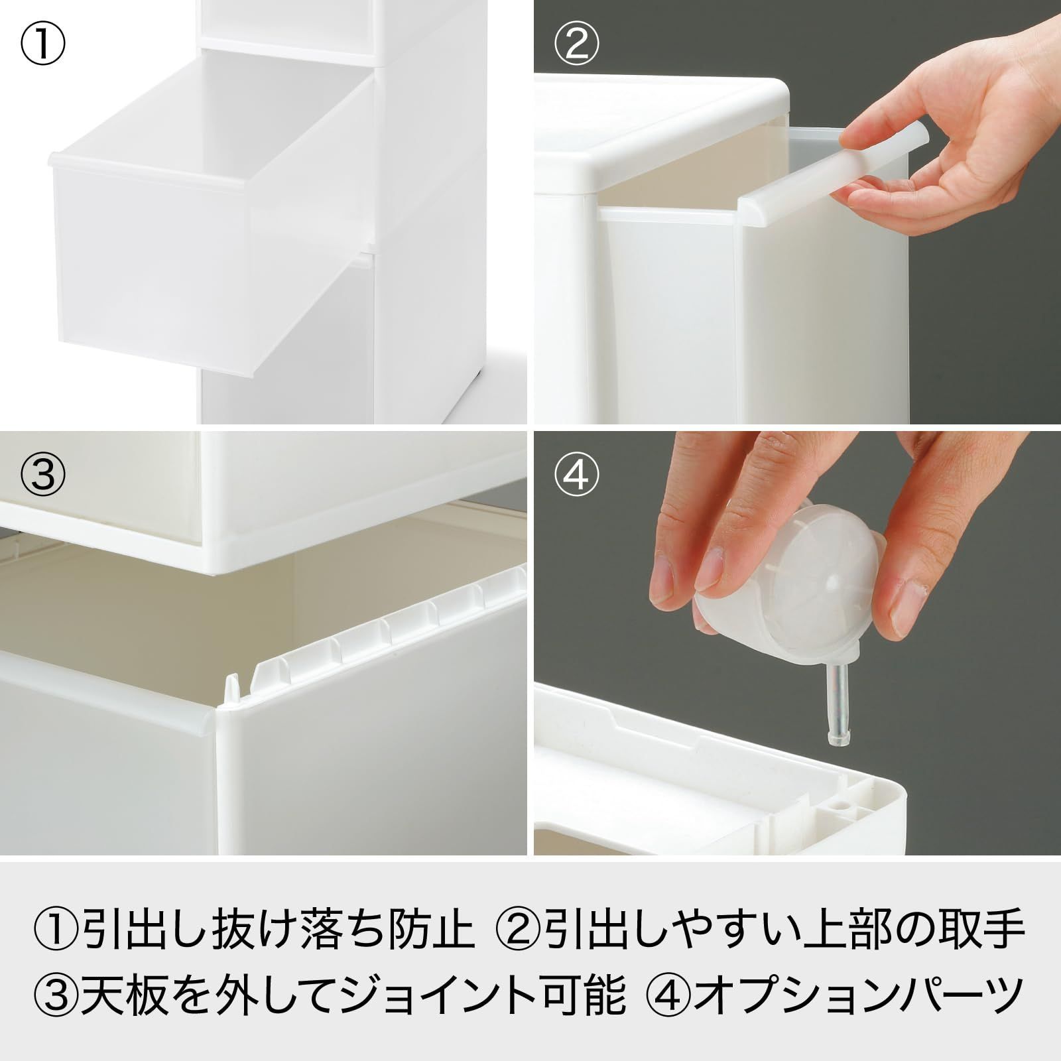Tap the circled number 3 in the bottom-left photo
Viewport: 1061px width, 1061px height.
point(43,473)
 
